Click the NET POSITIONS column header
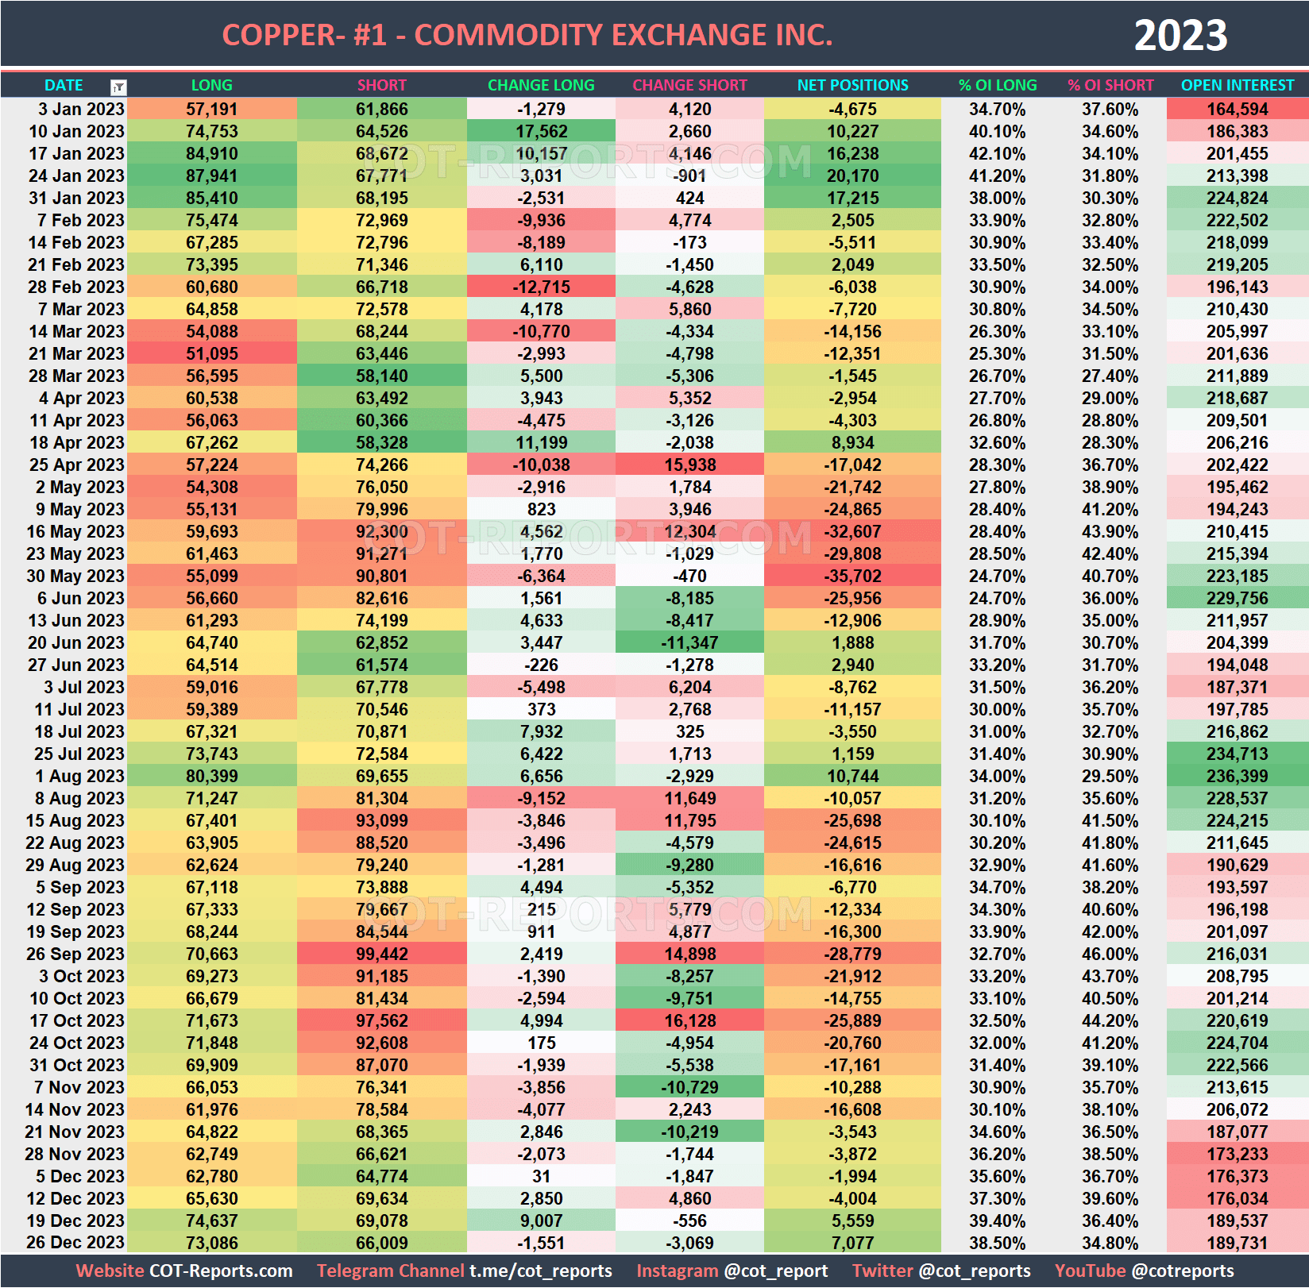tap(852, 85)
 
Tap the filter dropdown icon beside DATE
tap(118, 87)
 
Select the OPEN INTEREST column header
tap(1237, 85)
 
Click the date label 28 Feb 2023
tap(75, 287)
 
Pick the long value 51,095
tap(211, 353)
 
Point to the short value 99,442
tap(381, 954)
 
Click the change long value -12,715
tap(541, 287)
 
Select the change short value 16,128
tap(689, 1020)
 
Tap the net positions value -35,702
tap(852, 576)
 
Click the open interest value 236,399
tap(1237, 776)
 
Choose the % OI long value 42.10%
tap(997, 153)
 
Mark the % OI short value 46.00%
tap(1110, 954)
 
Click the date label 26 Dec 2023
tap(75, 1243)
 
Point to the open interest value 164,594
tap(1237, 109)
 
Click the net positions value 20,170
tap(852, 175)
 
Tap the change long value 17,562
tap(541, 131)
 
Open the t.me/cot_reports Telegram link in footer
tap(540, 1271)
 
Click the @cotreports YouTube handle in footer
tap(1183, 1271)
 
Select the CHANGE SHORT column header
tap(689, 85)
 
